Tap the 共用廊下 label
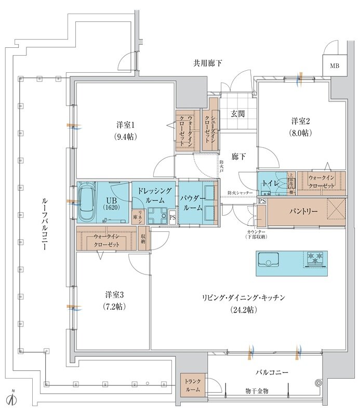[208, 63]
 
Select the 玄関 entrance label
[238, 113]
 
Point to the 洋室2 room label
[300, 121]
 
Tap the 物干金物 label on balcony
[258, 391]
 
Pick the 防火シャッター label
[240, 193]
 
